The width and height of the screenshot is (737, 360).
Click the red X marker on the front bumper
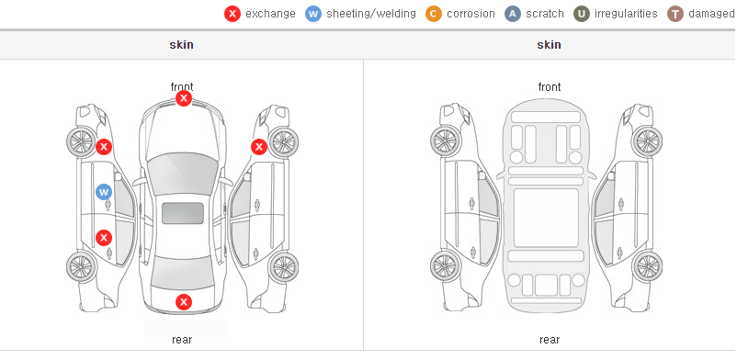point(183,98)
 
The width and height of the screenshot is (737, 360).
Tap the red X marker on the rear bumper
point(183,302)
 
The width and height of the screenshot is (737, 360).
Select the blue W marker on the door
point(104,192)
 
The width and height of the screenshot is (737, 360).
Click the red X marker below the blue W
point(104,237)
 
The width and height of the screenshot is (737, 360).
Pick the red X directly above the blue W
point(104,147)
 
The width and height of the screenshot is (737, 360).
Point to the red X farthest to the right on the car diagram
point(258,147)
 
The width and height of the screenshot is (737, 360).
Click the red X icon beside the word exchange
point(232,14)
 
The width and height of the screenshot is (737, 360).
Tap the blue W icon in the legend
point(313,14)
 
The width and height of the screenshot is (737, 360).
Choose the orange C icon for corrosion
point(434,14)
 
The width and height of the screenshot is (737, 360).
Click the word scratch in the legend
point(545,14)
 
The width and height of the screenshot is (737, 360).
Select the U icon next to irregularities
point(582,14)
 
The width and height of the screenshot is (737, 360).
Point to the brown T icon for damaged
point(675,14)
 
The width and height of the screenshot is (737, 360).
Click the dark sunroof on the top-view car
point(183,213)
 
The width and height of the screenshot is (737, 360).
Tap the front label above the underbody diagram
point(550,87)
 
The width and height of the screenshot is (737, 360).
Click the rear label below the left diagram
point(182,340)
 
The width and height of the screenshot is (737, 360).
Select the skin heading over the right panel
point(549,45)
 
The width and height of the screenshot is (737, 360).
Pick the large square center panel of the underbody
point(546,218)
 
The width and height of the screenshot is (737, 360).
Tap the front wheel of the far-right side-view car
point(647,141)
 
